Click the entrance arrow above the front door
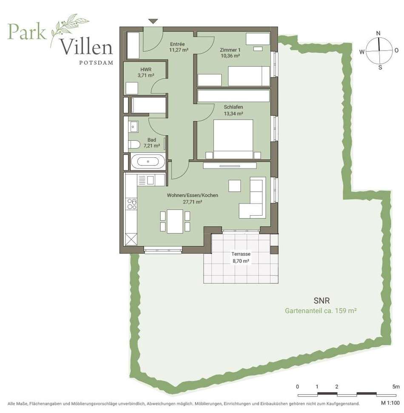pyautogui.click(x=153, y=21)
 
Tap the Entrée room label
pyautogui.click(x=177, y=44)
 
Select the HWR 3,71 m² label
pyautogui.click(x=145, y=72)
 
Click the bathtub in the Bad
pyautogui.click(x=148, y=162)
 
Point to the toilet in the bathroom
pyautogui.click(x=134, y=144)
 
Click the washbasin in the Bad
pyautogui.click(x=133, y=127)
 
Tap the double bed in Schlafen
pyautogui.click(x=233, y=140)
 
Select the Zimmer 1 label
pyautogui.click(x=230, y=50)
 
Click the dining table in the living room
pyautogui.click(x=175, y=221)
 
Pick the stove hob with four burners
pyautogui.click(x=132, y=204)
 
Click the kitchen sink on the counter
pyautogui.click(x=151, y=180)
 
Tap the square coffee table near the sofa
pyautogui.click(x=234, y=186)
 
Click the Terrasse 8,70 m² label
pyautogui.click(x=241, y=257)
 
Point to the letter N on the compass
pyautogui.click(x=378, y=34)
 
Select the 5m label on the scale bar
pyautogui.click(x=396, y=387)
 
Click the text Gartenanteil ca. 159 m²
pyautogui.click(x=321, y=311)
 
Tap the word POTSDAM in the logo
pyautogui.click(x=96, y=63)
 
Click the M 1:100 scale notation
pyautogui.click(x=390, y=403)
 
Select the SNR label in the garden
pyautogui.click(x=321, y=301)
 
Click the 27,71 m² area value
pyautogui.click(x=193, y=202)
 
